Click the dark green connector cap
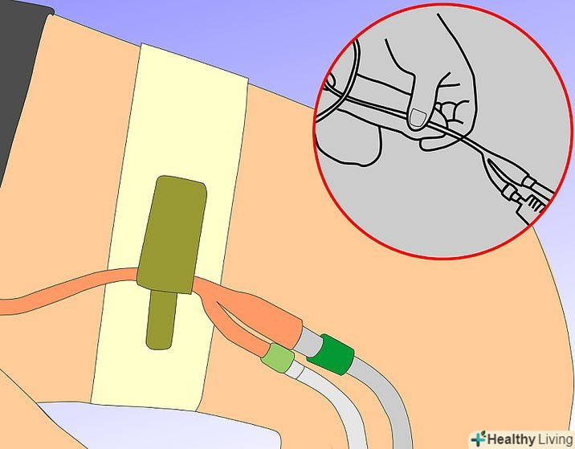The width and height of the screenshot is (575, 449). coord(330,354)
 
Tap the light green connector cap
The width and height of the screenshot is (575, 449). coord(278,357)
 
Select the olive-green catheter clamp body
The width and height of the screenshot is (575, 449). coord(172,235)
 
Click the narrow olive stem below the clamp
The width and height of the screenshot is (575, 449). coord(161,320)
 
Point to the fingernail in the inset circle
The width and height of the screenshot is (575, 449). coord(418,119)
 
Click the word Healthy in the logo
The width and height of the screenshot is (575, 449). coord(512,439)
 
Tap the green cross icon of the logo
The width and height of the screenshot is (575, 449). coord(478,439)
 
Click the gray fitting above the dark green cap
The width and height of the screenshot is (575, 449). coord(310,341)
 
